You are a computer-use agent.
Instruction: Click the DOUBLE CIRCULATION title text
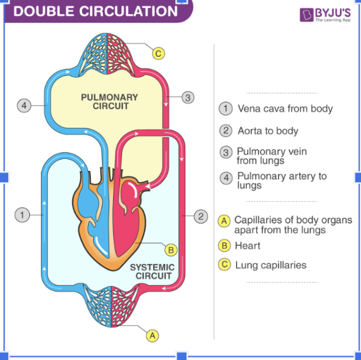(x=95, y=11)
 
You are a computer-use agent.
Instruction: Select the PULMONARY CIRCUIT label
(x=110, y=101)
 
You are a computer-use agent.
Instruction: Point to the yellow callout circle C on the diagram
(x=158, y=54)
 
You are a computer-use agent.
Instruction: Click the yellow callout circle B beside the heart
(x=171, y=250)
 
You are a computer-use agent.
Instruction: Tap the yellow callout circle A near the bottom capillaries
(x=152, y=335)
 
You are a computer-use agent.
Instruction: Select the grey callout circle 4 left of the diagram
(x=23, y=106)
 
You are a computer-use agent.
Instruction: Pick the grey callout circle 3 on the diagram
(x=188, y=98)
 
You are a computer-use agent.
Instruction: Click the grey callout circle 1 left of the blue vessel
(x=22, y=215)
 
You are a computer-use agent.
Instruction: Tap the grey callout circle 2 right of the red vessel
(x=201, y=216)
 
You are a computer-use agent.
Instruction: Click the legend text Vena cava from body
(x=285, y=108)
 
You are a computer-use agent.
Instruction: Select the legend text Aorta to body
(x=268, y=131)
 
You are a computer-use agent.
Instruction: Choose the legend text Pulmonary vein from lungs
(x=271, y=155)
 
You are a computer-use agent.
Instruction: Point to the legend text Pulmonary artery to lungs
(x=281, y=180)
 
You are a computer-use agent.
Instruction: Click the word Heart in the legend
(x=247, y=246)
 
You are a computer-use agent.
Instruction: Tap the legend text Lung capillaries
(x=270, y=265)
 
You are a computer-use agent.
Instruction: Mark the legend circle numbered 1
(x=224, y=108)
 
